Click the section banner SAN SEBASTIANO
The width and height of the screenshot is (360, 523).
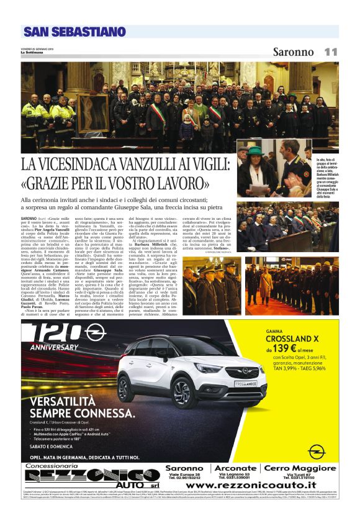[74, 32]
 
